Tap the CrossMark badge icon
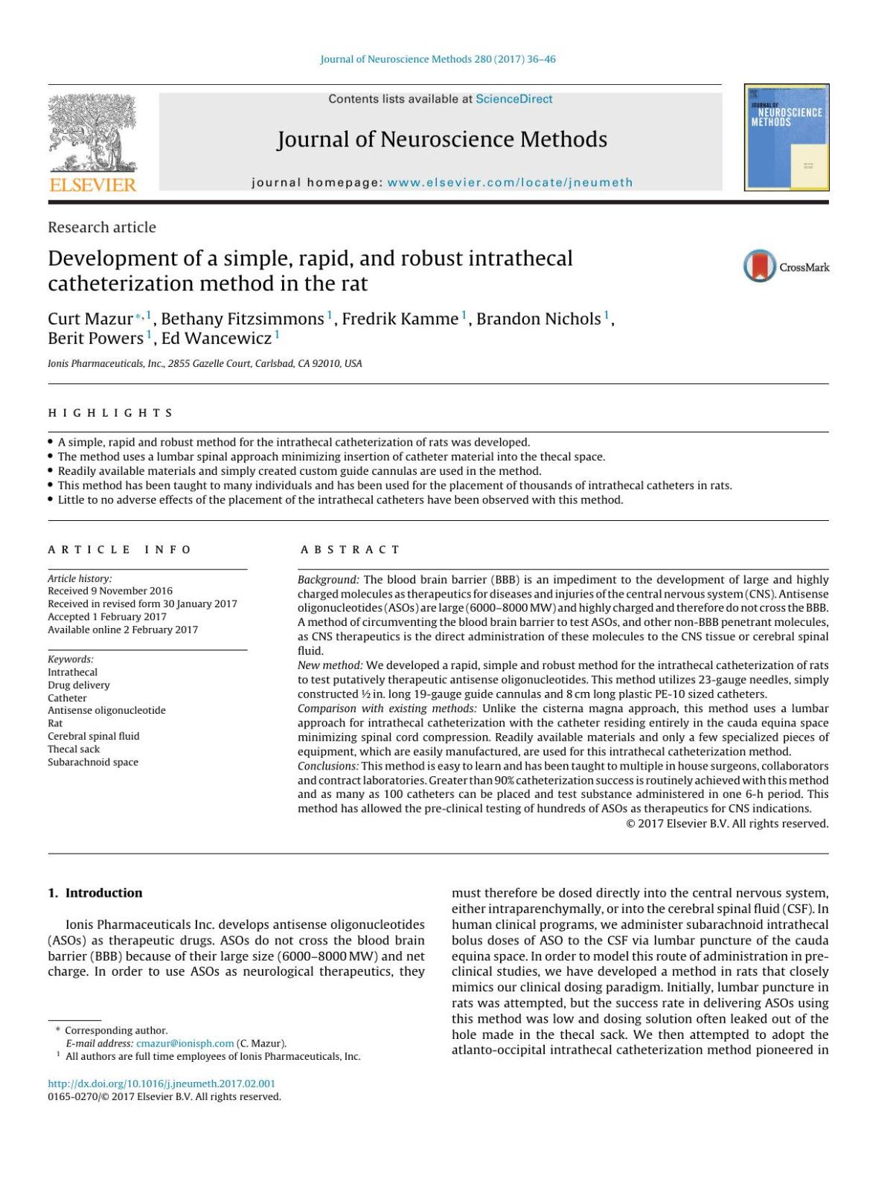(x=759, y=266)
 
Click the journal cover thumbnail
(x=786, y=138)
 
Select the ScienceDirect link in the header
(x=514, y=99)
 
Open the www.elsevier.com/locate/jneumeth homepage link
(x=510, y=182)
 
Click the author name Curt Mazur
(x=90, y=319)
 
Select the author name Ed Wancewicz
(x=217, y=339)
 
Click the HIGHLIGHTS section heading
(x=110, y=413)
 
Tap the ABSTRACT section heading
(x=350, y=550)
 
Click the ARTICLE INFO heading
(x=119, y=550)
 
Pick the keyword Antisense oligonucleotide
(x=106, y=711)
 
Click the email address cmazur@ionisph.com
(x=185, y=1043)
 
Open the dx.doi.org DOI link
(x=161, y=1084)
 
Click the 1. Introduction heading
(x=95, y=893)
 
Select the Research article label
(x=102, y=228)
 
